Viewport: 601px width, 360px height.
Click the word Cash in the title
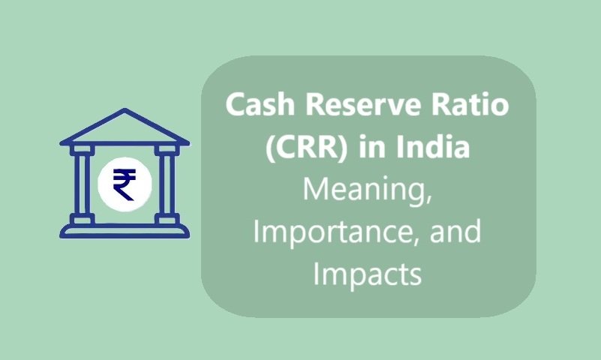point(260,104)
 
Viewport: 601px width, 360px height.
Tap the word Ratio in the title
point(470,104)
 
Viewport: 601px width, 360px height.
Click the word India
point(433,147)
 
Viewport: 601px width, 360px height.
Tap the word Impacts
point(368,274)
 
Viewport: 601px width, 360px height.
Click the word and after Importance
point(455,231)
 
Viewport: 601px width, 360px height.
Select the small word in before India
point(372,147)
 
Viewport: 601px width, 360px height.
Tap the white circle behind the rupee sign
point(125,184)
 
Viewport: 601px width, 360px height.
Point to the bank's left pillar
point(83,184)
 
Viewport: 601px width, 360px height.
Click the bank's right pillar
point(167,184)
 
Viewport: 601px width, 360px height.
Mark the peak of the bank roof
point(125,109)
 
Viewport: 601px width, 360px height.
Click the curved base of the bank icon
point(125,231)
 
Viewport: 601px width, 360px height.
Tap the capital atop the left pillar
point(82,149)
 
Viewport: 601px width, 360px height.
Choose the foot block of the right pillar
point(167,220)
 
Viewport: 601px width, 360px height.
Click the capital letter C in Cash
point(235,104)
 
